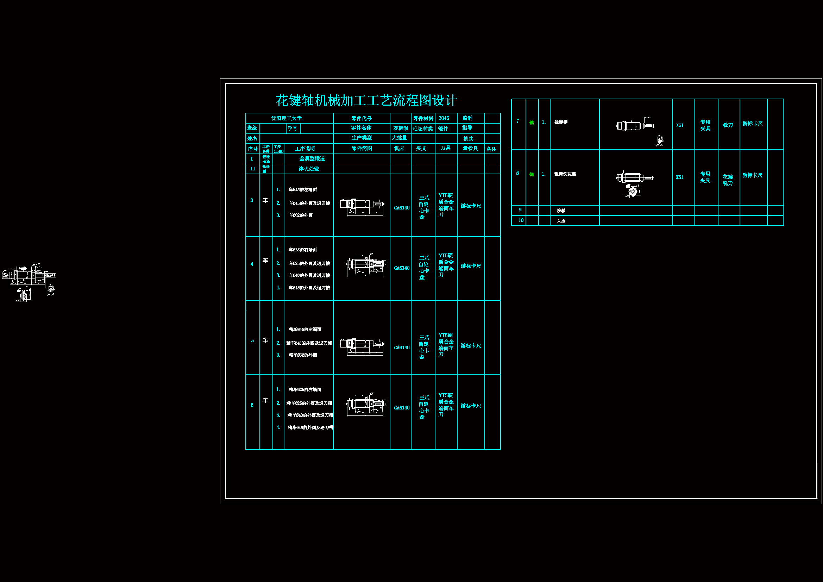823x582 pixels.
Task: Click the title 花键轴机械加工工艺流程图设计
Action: coord(366,100)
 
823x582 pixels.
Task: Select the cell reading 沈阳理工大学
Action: coord(286,118)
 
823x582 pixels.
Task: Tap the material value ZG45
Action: coord(444,118)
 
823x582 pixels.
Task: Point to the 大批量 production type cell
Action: coord(399,138)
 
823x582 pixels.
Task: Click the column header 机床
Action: coord(399,149)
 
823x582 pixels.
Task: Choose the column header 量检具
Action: coord(470,149)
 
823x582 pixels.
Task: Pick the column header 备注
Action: coord(491,149)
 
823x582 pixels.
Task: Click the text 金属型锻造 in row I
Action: coord(312,159)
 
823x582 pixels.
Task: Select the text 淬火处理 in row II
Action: coord(309,169)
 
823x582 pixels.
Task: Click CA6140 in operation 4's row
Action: coord(401,268)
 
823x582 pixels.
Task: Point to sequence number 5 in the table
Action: coord(252,340)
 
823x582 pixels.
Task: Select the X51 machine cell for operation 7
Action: coord(680,125)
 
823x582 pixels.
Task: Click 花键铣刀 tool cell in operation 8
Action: coord(728,180)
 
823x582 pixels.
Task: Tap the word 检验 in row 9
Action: coord(561,211)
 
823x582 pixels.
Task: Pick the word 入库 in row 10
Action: coord(561,221)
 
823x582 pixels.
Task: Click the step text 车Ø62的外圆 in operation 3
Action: coord(300,215)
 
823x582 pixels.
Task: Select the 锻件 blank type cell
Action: coord(443,129)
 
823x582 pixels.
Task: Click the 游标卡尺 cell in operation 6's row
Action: coord(471,406)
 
